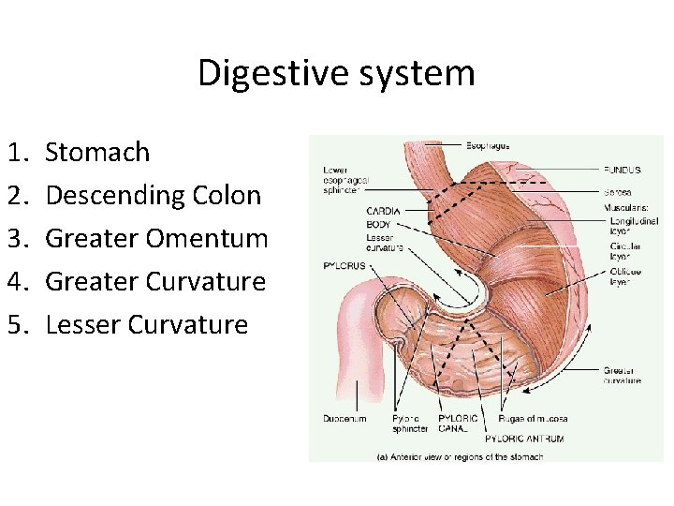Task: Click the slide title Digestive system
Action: (336, 72)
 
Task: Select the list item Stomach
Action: (97, 152)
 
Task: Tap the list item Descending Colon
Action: (153, 195)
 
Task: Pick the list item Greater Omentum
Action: (156, 238)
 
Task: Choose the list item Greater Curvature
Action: (155, 281)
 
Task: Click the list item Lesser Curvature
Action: (146, 324)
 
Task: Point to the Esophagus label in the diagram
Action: (488, 145)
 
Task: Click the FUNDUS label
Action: (623, 171)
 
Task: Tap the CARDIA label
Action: (384, 211)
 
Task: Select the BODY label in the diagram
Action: (379, 224)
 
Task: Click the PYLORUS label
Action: (344, 265)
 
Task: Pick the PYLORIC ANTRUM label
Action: (524, 438)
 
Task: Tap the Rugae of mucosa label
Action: (533, 418)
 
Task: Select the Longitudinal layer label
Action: (634, 227)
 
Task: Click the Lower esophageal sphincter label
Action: (346, 179)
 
